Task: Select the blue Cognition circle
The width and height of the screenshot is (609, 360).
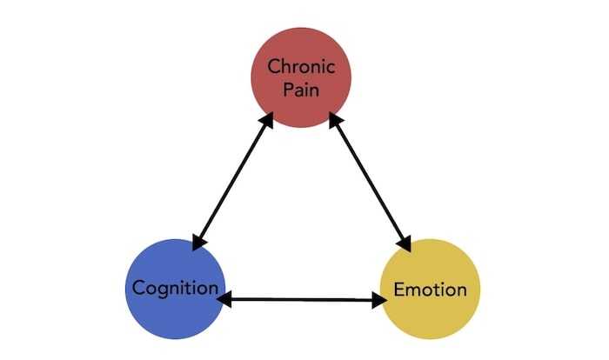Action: [177, 287]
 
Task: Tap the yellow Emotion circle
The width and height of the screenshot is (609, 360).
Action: [431, 288]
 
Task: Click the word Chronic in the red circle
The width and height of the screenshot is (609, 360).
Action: [302, 66]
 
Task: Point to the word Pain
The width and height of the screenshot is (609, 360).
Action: [302, 90]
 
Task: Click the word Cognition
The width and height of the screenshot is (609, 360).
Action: [177, 288]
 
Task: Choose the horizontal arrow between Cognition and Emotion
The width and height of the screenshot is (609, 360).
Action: [302, 300]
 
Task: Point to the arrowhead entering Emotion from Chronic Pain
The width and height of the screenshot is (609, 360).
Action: [405, 245]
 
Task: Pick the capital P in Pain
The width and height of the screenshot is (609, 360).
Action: [289, 90]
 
